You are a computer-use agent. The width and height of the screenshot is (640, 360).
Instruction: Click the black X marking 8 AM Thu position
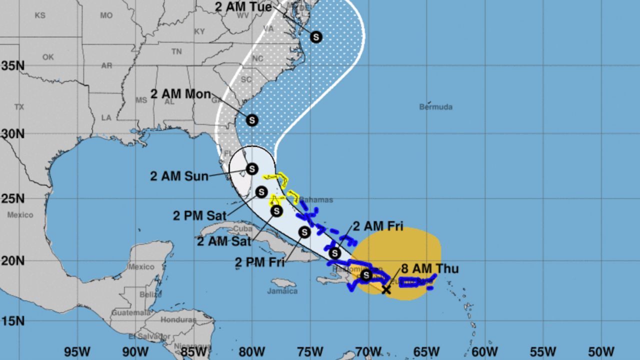point(386,289)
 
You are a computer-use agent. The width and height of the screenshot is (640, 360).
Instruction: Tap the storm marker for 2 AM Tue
point(316,36)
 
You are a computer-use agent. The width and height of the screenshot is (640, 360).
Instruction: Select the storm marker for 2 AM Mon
point(252,120)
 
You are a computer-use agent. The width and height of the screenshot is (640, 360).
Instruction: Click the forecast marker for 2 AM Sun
point(251,168)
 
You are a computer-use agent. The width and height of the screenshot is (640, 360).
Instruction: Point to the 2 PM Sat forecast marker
point(261,192)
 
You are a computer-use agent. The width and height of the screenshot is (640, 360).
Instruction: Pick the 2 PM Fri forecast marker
point(304,232)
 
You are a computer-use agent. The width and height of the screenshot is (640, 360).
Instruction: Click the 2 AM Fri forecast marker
point(335,253)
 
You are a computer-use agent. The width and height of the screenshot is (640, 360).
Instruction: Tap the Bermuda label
point(435,107)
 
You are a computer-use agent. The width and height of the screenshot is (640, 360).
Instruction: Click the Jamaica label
point(282,291)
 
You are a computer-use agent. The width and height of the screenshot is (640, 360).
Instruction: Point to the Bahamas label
point(316,200)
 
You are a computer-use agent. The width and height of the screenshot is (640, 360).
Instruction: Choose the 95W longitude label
point(77,351)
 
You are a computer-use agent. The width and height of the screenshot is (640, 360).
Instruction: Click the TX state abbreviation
point(19,107)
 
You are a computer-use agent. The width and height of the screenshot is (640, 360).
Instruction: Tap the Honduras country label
point(178,320)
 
